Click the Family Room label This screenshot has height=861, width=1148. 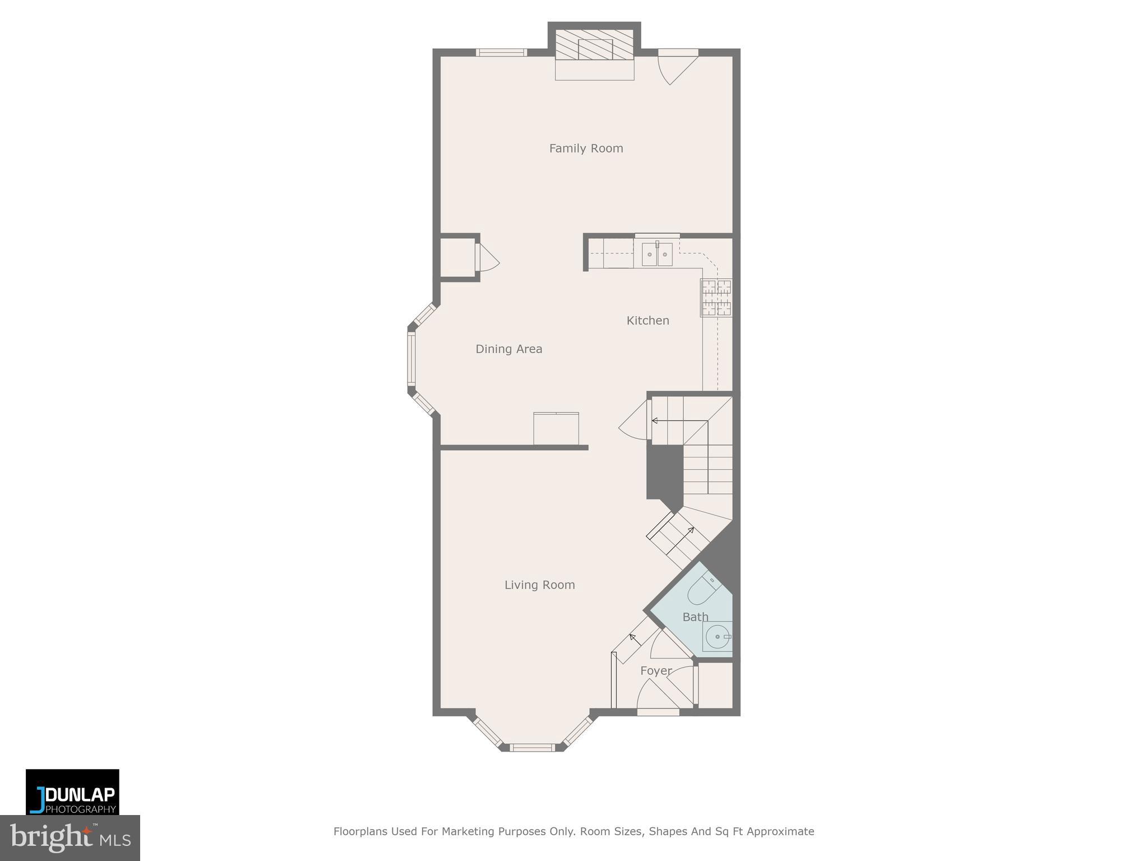pyautogui.click(x=586, y=149)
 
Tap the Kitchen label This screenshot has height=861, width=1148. pyautogui.click(x=647, y=321)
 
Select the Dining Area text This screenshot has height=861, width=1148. pyautogui.click(x=508, y=349)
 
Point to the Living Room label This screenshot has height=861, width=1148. pyautogui.click(x=539, y=585)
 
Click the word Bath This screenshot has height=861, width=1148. pyautogui.click(x=695, y=617)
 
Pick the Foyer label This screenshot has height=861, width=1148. pyautogui.click(x=656, y=671)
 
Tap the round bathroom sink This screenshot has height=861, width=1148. pyautogui.click(x=717, y=637)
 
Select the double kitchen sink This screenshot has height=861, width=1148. pyautogui.click(x=657, y=254)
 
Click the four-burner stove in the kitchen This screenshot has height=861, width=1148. pyautogui.click(x=716, y=298)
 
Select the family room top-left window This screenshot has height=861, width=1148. pyautogui.click(x=501, y=53)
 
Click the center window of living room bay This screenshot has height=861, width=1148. pyautogui.click(x=532, y=747)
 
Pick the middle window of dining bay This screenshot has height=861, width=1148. pyautogui.click(x=411, y=359)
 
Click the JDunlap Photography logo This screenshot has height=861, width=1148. pyautogui.click(x=72, y=792)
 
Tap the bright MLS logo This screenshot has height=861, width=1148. pyautogui.click(x=70, y=838)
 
